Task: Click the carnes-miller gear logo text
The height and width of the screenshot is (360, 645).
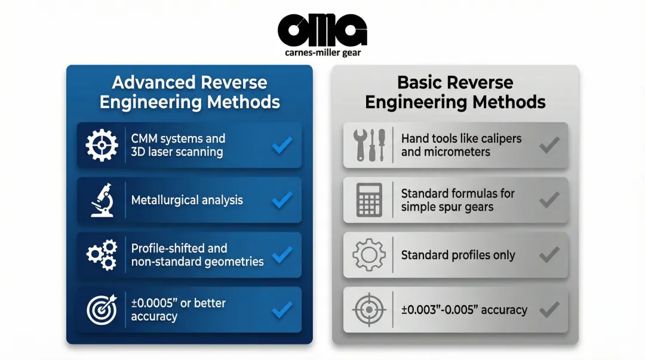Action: point(322,53)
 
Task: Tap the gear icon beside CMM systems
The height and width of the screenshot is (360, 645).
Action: point(102,145)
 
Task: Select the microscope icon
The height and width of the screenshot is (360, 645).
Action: point(103,200)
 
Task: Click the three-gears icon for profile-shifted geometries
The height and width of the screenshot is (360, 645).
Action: point(102,255)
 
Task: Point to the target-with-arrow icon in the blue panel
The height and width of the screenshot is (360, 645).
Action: point(102,309)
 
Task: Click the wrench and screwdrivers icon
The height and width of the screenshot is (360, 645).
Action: point(370,145)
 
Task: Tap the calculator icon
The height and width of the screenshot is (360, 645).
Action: point(369,200)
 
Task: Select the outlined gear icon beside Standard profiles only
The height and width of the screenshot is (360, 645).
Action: point(369,255)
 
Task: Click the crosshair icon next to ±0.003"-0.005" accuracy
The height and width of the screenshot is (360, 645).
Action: point(369,309)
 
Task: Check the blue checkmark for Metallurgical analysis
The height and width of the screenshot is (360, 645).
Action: point(282,200)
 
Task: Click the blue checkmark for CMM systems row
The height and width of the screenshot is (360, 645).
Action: point(282,145)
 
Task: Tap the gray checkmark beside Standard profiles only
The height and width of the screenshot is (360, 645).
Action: point(549,255)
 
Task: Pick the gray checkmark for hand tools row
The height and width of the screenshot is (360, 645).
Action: point(549,145)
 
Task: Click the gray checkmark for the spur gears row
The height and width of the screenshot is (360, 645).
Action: point(549,200)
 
